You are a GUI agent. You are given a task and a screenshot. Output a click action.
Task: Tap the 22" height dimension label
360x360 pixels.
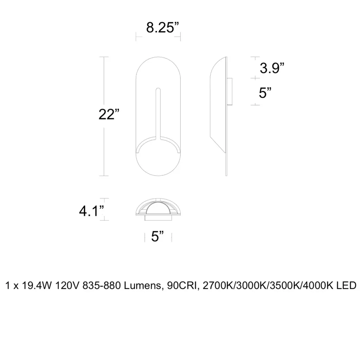109,114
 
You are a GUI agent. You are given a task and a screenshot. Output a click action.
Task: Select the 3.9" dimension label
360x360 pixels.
272,68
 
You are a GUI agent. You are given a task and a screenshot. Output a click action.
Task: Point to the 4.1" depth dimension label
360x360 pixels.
91,211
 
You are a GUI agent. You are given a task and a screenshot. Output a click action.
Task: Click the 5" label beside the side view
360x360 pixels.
265,92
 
